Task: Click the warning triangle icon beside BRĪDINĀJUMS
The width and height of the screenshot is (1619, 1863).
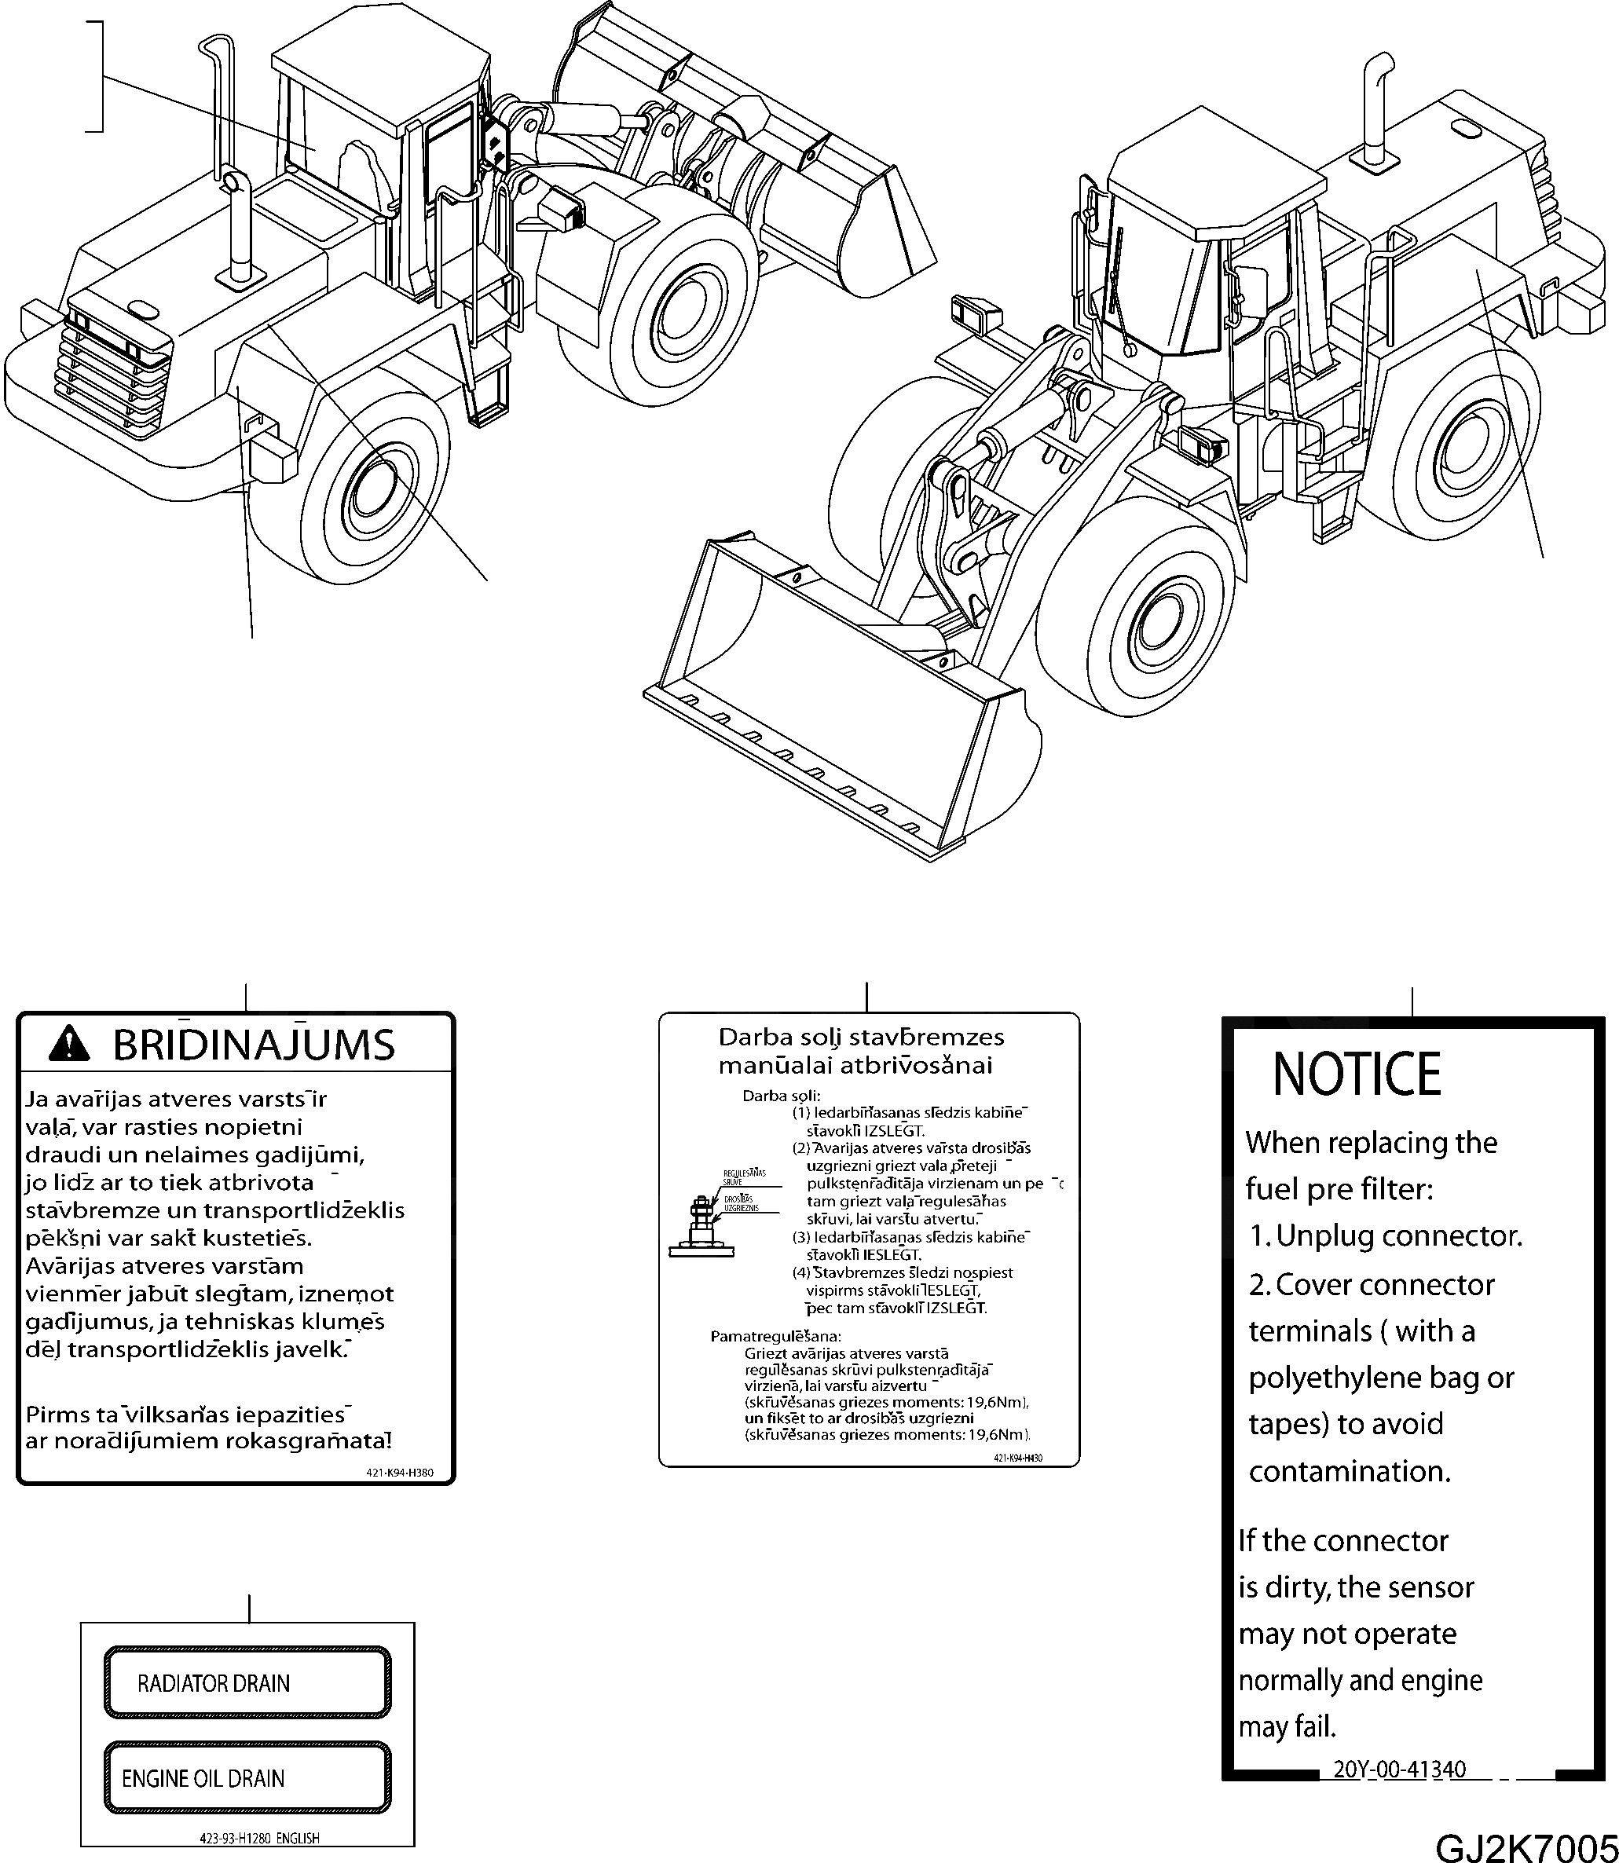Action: [x=70, y=1045]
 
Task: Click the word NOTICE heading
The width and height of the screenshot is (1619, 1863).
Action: [x=1356, y=1074]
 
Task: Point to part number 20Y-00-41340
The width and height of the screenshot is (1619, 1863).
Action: [x=1400, y=1769]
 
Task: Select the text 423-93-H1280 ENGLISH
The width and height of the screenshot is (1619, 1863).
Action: [x=259, y=1838]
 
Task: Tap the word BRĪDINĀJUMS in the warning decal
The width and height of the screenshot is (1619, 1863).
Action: [x=254, y=1045]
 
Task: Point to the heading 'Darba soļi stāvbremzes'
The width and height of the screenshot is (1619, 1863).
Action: [x=860, y=1038]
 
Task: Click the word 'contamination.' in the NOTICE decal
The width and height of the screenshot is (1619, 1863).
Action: [x=1349, y=1472]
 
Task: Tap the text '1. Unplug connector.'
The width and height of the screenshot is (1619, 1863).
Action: [x=1386, y=1236]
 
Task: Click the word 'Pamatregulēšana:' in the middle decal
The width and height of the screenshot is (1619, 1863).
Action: [x=775, y=1335]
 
